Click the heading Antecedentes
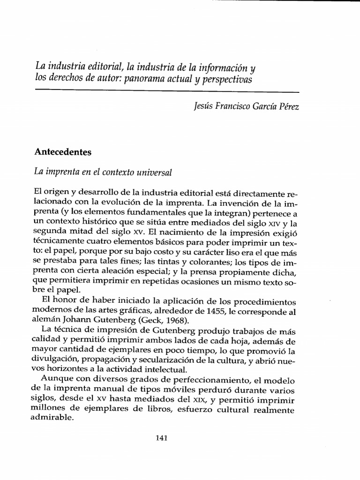pyautogui.click(x=63, y=152)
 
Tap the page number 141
pyautogui.click(x=161, y=438)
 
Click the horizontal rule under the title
pyautogui.click(x=167, y=91)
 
